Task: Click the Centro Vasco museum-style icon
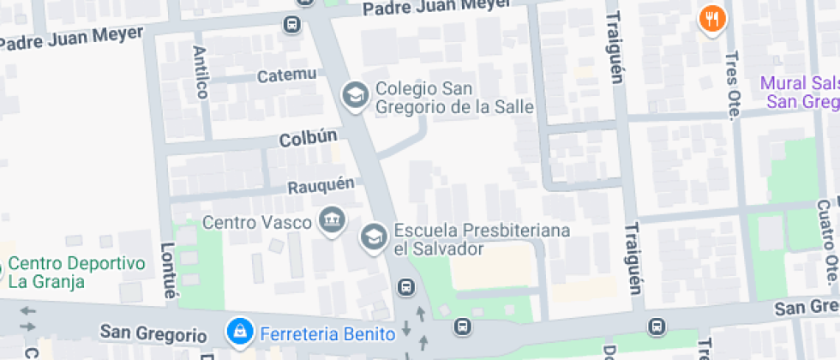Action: point(330,221)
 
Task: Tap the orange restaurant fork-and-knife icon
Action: point(712,18)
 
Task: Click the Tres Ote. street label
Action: point(731,82)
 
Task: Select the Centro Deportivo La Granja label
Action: point(77,272)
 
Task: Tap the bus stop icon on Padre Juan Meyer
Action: point(293,24)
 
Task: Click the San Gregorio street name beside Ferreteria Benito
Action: point(153,333)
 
